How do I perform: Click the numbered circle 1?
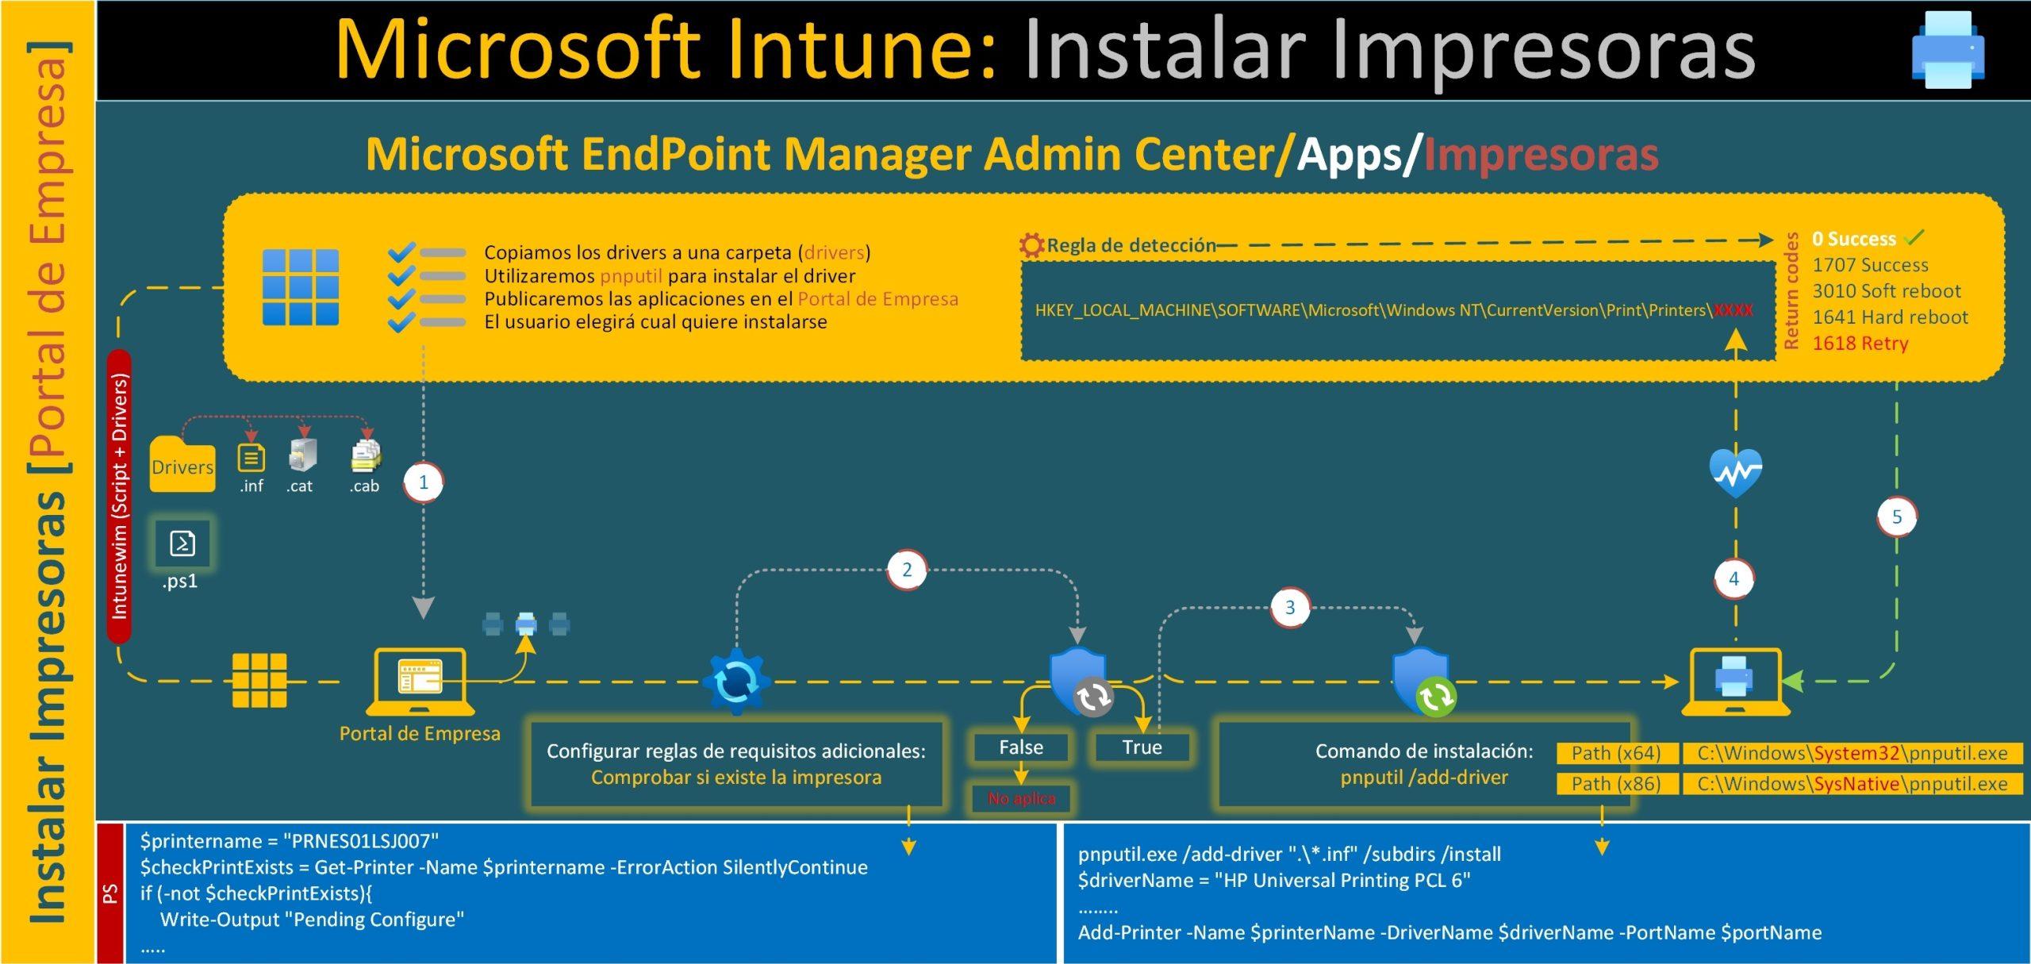(423, 482)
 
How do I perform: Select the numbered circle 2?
(907, 570)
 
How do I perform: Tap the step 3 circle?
(1290, 608)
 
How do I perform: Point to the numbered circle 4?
(1733, 579)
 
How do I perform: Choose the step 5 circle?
(1897, 517)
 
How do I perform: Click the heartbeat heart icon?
(1736, 473)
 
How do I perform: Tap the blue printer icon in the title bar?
(1948, 50)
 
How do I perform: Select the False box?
(1021, 747)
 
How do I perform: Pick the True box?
(1142, 747)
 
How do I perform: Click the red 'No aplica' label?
(1021, 798)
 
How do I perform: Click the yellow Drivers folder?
(182, 465)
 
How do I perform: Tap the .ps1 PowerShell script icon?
(182, 543)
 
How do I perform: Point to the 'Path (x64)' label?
(1616, 753)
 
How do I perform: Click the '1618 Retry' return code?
(1860, 344)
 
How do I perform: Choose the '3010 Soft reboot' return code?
(1886, 291)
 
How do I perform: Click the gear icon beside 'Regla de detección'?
(1031, 245)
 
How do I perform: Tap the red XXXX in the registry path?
(1733, 310)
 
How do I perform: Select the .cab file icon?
(365, 456)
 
